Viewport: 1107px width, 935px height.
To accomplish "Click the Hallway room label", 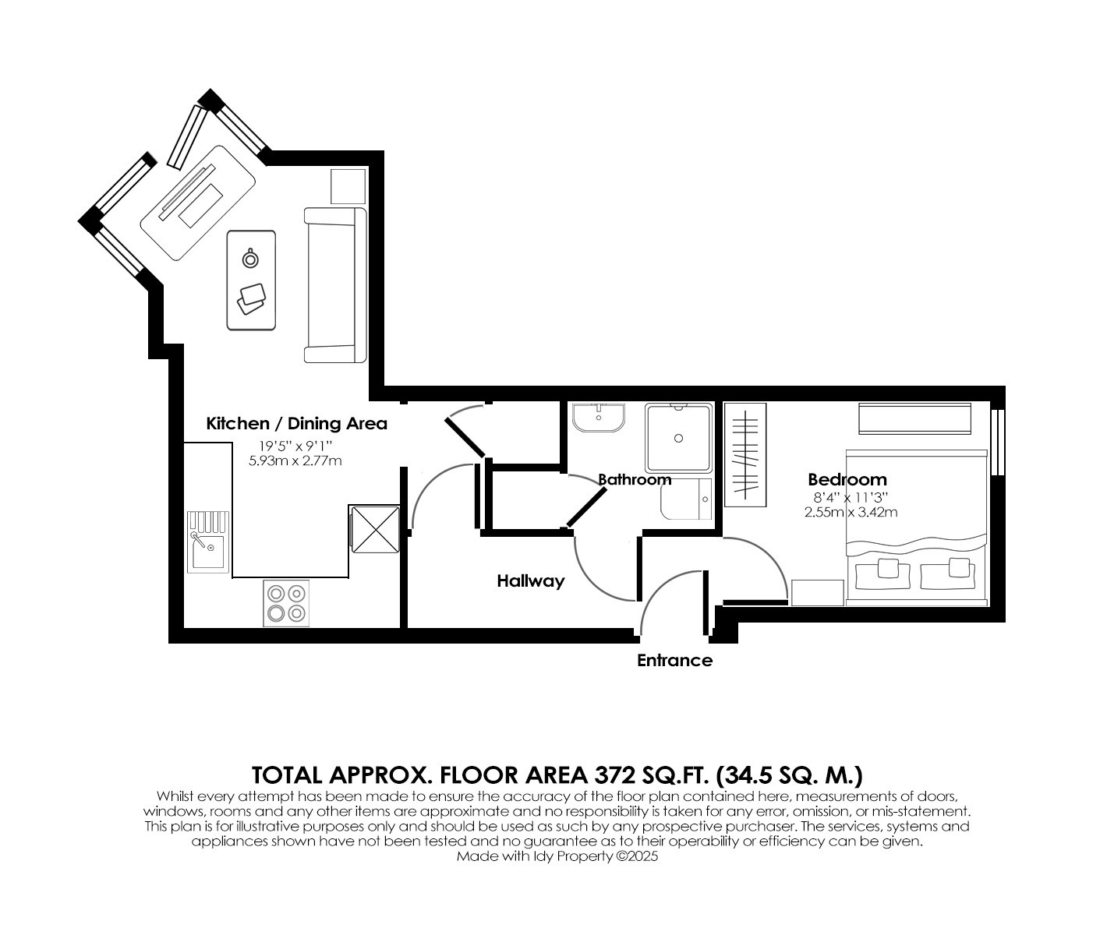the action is (531, 581).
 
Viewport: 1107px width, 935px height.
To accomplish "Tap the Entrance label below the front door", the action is (674, 661).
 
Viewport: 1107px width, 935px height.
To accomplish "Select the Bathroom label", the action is (635, 480).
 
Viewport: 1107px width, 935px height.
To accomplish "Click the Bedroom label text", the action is (847, 480).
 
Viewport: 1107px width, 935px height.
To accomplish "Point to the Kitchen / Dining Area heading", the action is (296, 424).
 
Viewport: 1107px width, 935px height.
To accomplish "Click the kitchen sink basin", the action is (208, 551).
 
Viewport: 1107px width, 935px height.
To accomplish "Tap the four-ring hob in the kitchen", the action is (286, 603).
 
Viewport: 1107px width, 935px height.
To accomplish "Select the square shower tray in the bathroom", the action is (678, 438).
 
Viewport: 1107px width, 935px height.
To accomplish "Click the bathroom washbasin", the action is (599, 417).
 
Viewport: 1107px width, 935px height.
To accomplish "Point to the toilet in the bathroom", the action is (686, 499).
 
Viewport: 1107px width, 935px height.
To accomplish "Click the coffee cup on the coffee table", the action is (250, 259).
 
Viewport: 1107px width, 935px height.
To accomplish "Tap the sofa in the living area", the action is (335, 285).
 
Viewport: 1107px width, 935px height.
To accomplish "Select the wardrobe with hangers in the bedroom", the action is (745, 455).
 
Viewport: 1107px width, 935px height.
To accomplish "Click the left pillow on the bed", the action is (882, 574).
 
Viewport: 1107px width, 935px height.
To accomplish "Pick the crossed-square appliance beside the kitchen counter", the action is (374, 530).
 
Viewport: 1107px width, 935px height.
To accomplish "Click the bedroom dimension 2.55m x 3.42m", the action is (851, 513).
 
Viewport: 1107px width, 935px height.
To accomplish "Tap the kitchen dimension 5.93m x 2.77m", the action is (295, 461).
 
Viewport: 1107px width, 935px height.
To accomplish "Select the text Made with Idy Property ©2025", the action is (557, 856).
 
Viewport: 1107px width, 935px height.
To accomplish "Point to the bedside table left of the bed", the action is (817, 593).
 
